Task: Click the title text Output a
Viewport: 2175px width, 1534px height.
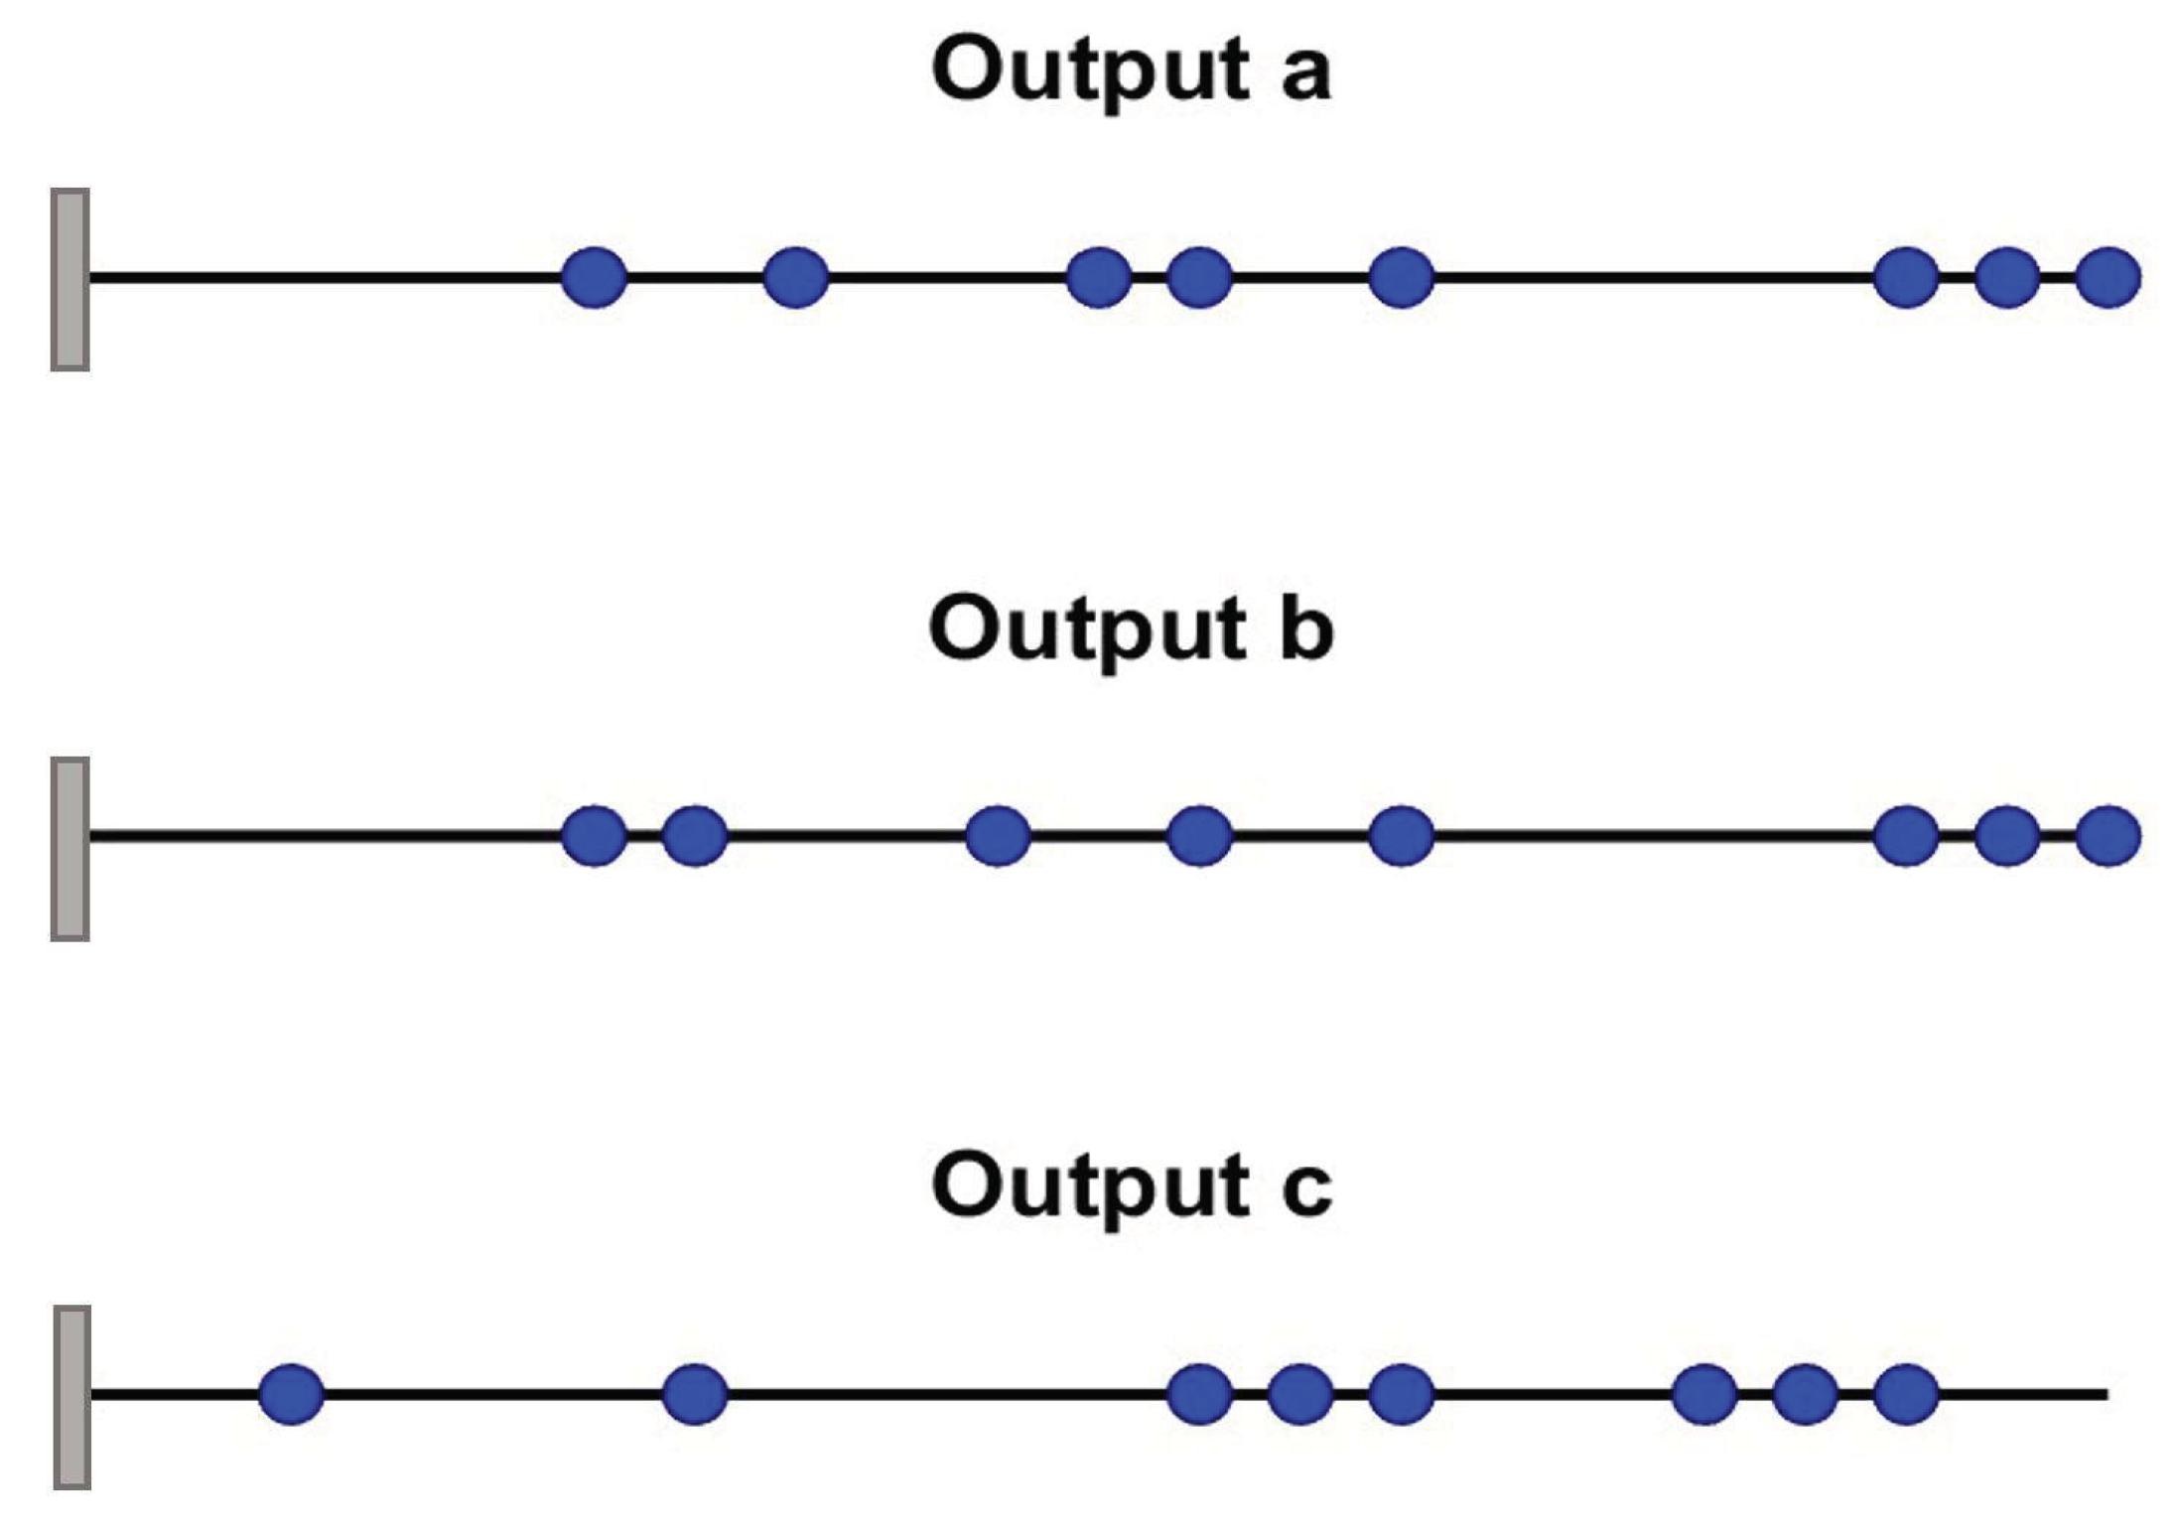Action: [1131, 70]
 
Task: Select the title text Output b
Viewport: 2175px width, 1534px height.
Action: [1131, 628]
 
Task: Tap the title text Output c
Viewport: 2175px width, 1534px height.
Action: [1132, 1185]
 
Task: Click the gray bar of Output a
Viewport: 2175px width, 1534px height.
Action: [70, 279]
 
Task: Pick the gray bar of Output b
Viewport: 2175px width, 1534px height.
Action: [70, 849]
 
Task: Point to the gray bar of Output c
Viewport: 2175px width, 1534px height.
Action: [72, 1398]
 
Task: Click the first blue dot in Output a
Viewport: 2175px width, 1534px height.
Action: [595, 277]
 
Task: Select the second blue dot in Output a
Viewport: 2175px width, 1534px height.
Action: [796, 277]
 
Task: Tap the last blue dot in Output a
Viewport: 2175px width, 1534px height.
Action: [2108, 277]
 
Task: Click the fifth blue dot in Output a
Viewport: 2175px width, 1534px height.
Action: [1401, 277]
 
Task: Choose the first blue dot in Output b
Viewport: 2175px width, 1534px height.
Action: [595, 835]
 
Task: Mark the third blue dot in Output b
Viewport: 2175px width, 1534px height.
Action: [998, 835]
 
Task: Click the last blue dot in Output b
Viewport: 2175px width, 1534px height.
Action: [2108, 835]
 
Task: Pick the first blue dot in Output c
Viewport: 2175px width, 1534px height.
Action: [291, 1394]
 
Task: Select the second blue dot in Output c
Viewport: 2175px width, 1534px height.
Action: [695, 1394]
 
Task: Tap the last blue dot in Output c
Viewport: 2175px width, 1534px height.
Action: [1906, 1394]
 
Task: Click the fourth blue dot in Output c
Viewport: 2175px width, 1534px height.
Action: [1300, 1394]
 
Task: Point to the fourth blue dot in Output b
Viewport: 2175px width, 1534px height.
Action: [1200, 835]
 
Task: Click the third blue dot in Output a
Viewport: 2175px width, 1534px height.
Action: [1099, 277]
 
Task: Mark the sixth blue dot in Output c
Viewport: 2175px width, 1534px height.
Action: [1704, 1394]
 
